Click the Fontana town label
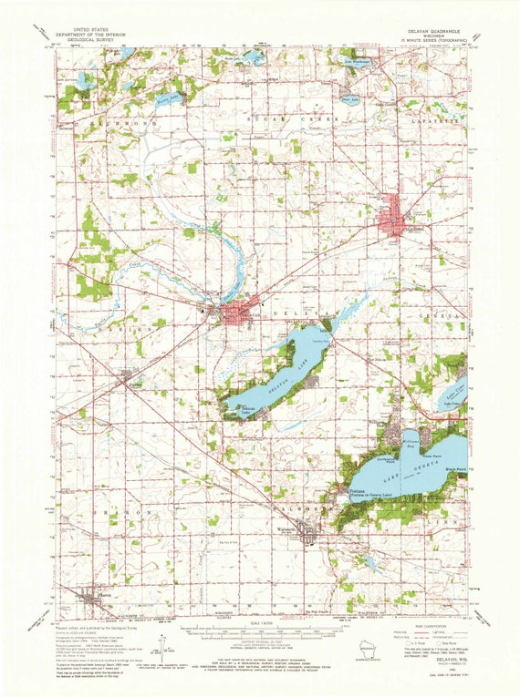click(359, 490)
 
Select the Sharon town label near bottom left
click(89, 594)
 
